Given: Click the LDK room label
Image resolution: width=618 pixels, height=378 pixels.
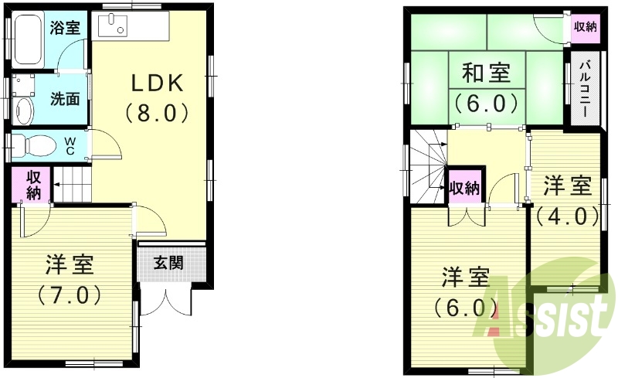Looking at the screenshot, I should (x=157, y=83).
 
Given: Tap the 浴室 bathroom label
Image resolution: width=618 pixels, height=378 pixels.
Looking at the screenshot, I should (x=66, y=29).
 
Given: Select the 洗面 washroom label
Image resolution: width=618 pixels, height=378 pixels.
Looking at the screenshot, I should (x=66, y=99).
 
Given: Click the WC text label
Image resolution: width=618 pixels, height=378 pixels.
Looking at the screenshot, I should (x=70, y=145).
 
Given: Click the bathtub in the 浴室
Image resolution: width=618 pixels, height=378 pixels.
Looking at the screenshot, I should (x=27, y=41).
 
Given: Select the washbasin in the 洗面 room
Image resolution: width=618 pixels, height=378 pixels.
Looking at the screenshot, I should (x=24, y=108).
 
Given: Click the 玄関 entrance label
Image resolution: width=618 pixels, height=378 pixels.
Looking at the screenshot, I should (x=168, y=263).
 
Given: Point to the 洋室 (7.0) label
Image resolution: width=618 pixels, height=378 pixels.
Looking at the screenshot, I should (x=70, y=265).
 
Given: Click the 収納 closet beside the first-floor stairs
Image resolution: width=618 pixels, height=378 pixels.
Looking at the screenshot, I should (x=32, y=186).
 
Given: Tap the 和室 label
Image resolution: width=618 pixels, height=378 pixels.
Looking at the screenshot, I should (x=486, y=73).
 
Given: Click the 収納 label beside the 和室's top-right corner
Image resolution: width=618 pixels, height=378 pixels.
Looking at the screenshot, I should (x=585, y=26).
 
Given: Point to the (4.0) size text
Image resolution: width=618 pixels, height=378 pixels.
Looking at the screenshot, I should (x=568, y=216).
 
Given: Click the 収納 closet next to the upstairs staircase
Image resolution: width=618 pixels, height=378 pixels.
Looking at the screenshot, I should (x=465, y=188).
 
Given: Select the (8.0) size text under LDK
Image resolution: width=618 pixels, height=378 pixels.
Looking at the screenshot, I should (x=157, y=113).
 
